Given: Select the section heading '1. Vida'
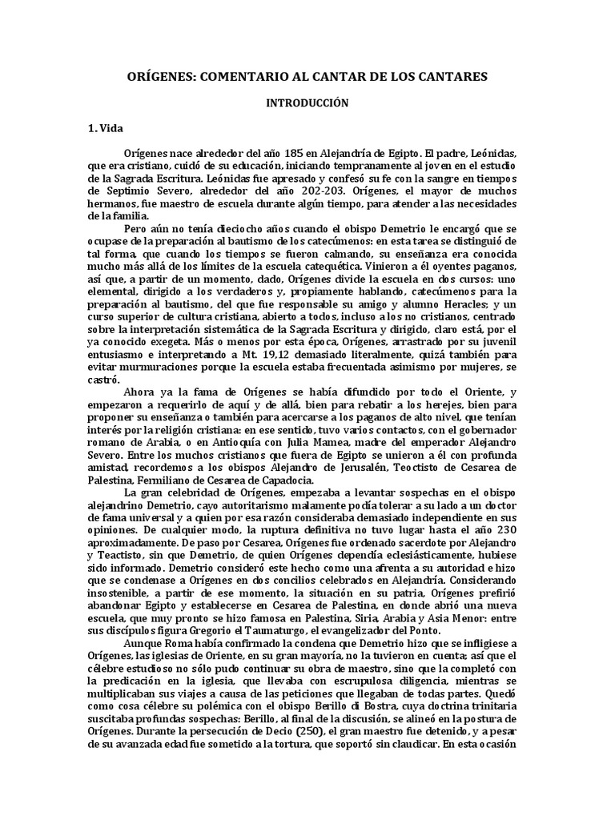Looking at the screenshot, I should (x=104, y=128).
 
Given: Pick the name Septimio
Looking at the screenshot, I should (x=126, y=191).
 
